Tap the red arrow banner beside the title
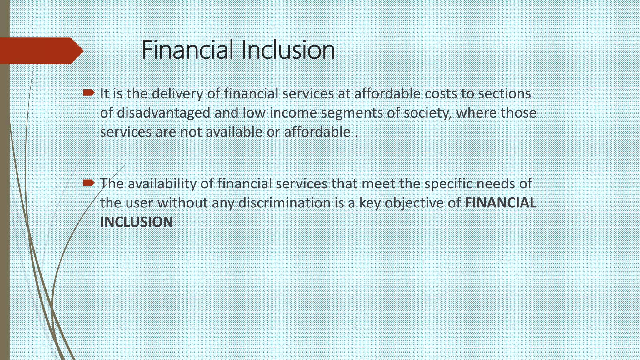(x=41, y=51)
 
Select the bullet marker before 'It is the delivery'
(x=89, y=92)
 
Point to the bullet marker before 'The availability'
(x=89, y=182)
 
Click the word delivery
(x=177, y=94)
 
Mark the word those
(x=518, y=113)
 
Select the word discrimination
(x=284, y=203)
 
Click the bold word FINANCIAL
(x=500, y=203)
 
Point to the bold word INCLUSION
(x=136, y=222)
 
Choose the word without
(x=182, y=203)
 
